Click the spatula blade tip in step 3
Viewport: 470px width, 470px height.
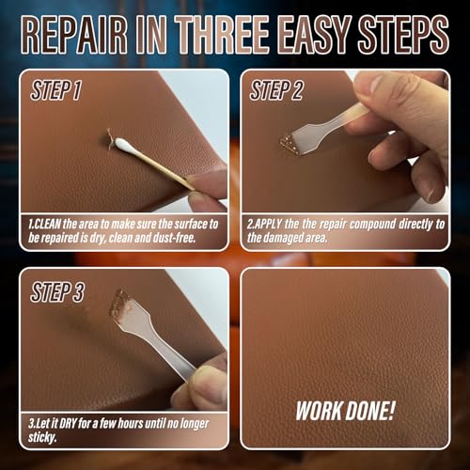pyautogui.click(x=120, y=303)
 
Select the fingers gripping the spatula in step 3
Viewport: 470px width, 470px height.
pyautogui.click(x=202, y=381)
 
